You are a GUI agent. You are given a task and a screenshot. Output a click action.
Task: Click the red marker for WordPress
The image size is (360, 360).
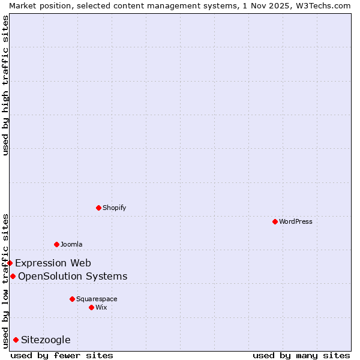click(x=275, y=221)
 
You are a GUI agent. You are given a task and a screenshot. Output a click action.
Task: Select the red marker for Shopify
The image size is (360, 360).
click(x=98, y=208)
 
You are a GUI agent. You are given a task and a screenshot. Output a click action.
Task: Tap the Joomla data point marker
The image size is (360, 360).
click(x=56, y=244)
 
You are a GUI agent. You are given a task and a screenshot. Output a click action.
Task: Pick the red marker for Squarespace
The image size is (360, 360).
click(x=72, y=299)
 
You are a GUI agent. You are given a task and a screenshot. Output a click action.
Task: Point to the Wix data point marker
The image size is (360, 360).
click(x=91, y=307)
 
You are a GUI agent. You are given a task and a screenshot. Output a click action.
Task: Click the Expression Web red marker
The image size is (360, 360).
click(x=10, y=263)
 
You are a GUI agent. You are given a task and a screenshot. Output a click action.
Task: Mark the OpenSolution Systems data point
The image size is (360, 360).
click(x=13, y=276)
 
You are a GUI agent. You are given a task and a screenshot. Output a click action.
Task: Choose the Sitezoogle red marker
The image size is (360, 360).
click(x=16, y=340)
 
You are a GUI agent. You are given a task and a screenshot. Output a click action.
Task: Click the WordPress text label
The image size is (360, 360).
click(x=296, y=221)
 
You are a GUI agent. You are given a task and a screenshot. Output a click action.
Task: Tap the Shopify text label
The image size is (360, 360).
click(x=114, y=208)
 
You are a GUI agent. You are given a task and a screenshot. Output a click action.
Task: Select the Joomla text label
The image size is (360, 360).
click(x=71, y=244)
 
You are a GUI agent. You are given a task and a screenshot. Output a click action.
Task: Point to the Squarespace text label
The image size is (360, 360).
click(x=97, y=299)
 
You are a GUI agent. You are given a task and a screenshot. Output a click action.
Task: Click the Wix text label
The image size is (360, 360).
click(x=101, y=307)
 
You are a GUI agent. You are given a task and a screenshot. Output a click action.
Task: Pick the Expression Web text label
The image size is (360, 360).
click(x=53, y=263)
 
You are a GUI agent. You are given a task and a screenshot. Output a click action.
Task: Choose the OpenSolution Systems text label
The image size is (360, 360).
click(x=73, y=276)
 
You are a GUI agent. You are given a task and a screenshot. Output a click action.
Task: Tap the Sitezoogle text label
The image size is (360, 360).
click(x=46, y=340)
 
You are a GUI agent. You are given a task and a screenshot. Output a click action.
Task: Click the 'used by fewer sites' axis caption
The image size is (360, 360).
click(x=62, y=355)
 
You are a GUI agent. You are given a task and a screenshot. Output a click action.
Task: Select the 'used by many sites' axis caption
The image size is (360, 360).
click(x=301, y=355)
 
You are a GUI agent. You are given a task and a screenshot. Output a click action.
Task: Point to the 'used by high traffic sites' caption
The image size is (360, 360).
click(x=5, y=85)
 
